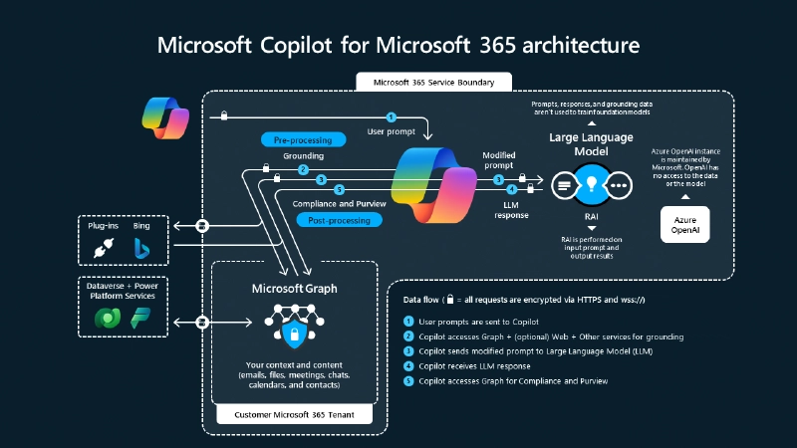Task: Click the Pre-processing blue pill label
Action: coord(296,140)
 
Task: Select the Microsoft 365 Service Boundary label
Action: coord(433,82)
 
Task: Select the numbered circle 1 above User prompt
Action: coord(392,117)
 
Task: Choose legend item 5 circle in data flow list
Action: coord(408,380)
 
